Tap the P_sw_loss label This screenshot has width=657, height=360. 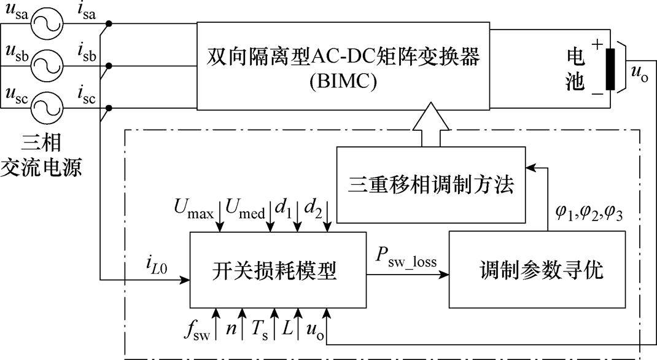pos(406,260)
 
